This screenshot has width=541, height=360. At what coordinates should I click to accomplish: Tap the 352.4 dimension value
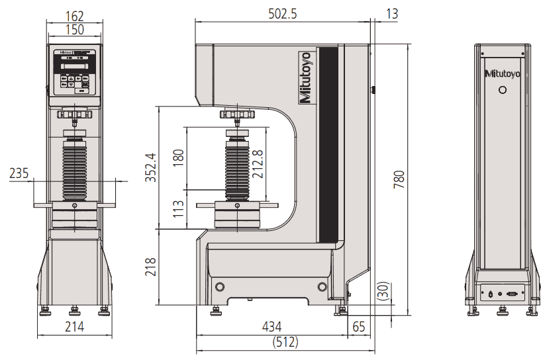pyautogui.click(x=151, y=168)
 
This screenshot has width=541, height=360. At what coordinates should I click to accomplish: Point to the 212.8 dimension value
pyautogui.click(x=258, y=162)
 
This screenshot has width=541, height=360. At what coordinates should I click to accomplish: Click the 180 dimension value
pyautogui.click(x=178, y=157)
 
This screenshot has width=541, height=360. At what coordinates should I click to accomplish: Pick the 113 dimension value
pyautogui.click(x=179, y=210)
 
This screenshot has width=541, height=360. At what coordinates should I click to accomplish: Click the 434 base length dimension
pyautogui.click(x=271, y=326)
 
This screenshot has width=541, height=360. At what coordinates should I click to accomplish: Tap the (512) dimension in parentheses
pyautogui.click(x=285, y=343)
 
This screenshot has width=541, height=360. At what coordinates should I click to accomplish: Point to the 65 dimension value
pyautogui.click(x=359, y=326)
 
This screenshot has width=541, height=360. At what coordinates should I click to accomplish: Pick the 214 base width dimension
pyautogui.click(x=74, y=326)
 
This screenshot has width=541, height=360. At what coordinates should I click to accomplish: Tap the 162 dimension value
pyautogui.click(x=74, y=14)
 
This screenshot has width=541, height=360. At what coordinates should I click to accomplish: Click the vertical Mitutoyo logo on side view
pyautogui.click(x=306, y=77)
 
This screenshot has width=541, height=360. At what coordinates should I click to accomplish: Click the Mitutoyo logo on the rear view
pyautogui.click(x=503, y=73)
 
